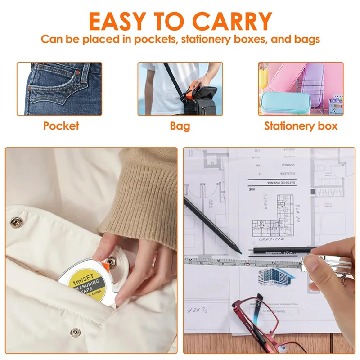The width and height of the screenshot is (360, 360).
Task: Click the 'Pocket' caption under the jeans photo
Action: point(61,126)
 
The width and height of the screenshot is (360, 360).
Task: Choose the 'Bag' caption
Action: point(180,126)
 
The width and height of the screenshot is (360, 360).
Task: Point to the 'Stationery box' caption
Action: point(301,126)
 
